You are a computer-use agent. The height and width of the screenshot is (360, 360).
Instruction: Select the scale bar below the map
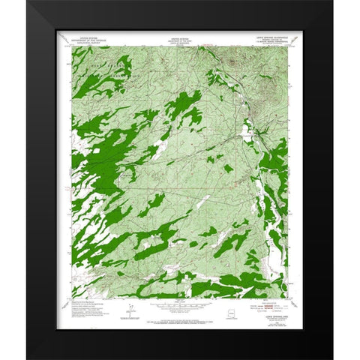(x=179, y=307)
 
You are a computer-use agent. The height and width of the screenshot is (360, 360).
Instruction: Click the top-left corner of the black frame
(x=28, y=1)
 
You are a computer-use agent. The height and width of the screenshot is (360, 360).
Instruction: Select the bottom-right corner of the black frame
(x=331, y=358)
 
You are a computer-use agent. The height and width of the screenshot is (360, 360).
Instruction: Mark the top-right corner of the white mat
(x=304, y=29)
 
